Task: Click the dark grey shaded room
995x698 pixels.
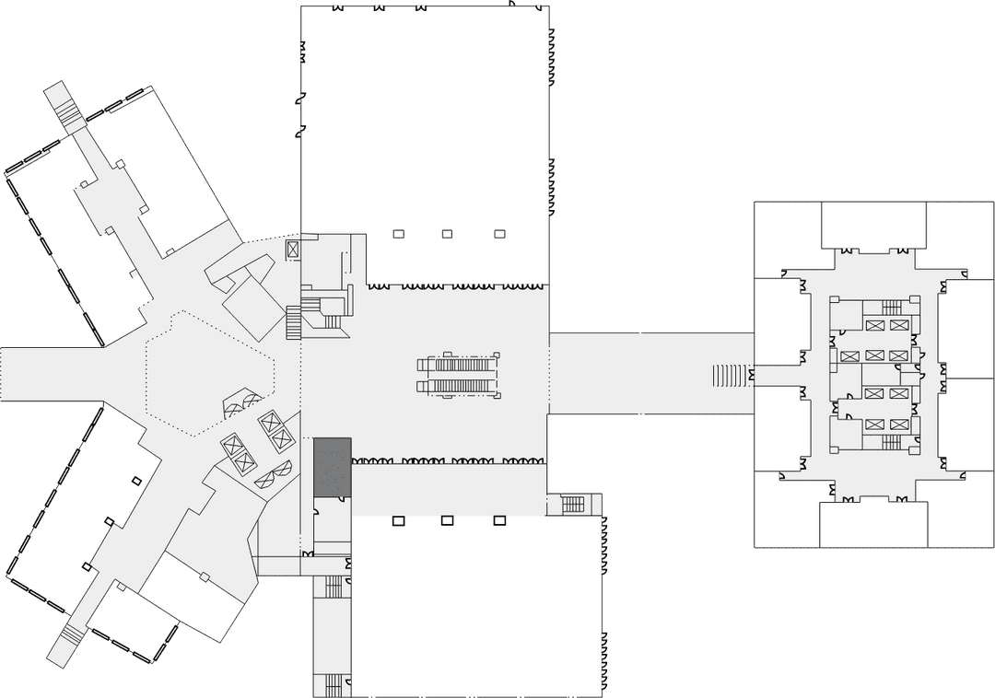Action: pos(332,467)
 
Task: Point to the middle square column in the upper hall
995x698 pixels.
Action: pos(447,234)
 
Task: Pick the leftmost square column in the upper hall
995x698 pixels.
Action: pos(398,234)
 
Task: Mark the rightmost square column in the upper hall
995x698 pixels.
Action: pos(500,234)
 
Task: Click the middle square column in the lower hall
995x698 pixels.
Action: pos(447,520)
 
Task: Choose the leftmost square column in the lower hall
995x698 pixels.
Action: pos(398,520)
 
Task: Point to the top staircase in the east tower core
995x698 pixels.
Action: pos(891,308)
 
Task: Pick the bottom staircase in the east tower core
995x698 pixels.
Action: pos(891,443)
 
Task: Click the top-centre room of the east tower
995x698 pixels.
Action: pos(872,226)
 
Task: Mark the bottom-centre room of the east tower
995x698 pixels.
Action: pos(872,525)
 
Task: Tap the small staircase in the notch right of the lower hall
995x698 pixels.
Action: pos(573,505)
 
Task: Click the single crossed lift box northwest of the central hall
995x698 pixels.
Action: pos(293,249)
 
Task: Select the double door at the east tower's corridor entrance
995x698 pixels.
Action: pos(753,376)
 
